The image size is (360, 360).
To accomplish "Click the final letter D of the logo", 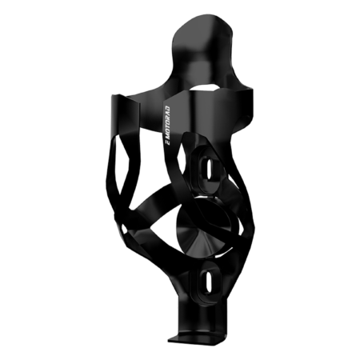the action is click(x=167, y=108).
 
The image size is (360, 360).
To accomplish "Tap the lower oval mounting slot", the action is click(x=207, y=282).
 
